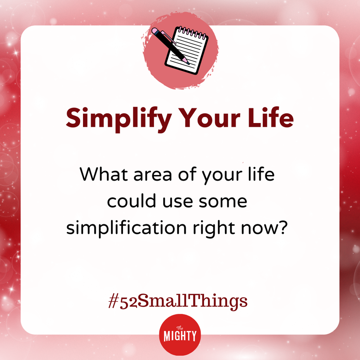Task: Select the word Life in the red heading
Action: (x=271, y=117)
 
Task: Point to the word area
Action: (x=153, y=176)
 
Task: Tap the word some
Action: (x=223, y=202)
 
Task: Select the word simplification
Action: (x=126, y=228)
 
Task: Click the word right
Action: (x=214, y=228)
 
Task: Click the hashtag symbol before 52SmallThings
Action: (x=113, y=301)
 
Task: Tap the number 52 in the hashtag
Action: (x=128, y=302)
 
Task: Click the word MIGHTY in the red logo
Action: (x=180, y=336)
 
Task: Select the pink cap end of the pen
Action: (x=155, y=31)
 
